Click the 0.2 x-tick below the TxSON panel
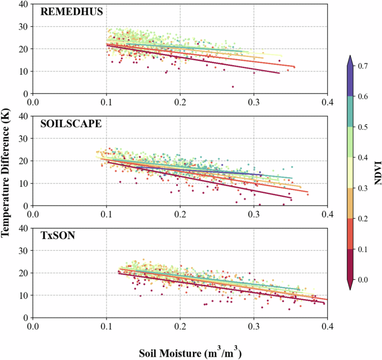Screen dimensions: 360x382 coord(180,325)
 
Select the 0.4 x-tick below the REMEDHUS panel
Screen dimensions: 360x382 coord(327,103)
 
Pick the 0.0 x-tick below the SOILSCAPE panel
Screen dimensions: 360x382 coord(33,214)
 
